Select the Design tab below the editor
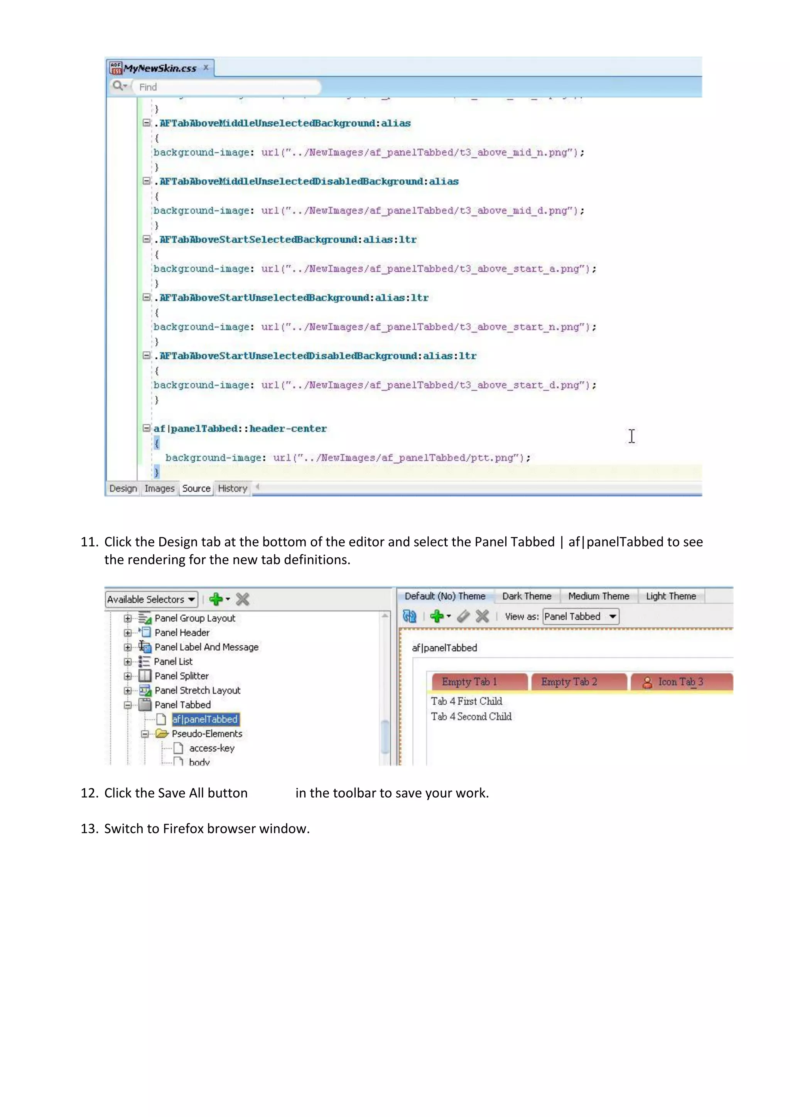pos(123,488)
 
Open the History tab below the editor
pos(233,488)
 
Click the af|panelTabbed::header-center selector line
pos(240,429)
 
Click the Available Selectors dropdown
pos(151,599)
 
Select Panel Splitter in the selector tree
pos(181,676)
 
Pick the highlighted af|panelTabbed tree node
pos(205,719)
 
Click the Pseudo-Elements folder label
pos(207,734)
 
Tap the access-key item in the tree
pos(212,748)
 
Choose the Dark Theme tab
pos(527,596)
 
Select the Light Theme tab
pos(671,596)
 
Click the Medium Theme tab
pos(599,596)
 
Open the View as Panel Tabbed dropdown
pos(581,616)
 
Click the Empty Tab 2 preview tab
pos(569,682)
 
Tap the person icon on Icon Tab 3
pos(648,683)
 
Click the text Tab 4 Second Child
pos(471,716)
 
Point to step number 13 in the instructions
pos(89,828)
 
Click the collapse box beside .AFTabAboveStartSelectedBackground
pos(146,239)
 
